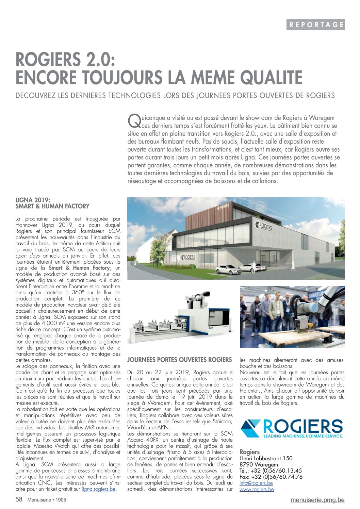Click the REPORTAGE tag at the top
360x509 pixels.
point(315,24)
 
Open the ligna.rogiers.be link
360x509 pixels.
point(99,489)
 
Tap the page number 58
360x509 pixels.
point(19,499)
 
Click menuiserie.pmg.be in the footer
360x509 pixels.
point(317,500)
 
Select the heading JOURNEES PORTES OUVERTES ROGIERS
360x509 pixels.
point(180,360)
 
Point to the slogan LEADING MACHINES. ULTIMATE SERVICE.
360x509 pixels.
point(303,436)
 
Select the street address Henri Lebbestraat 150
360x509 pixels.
point(266,458)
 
